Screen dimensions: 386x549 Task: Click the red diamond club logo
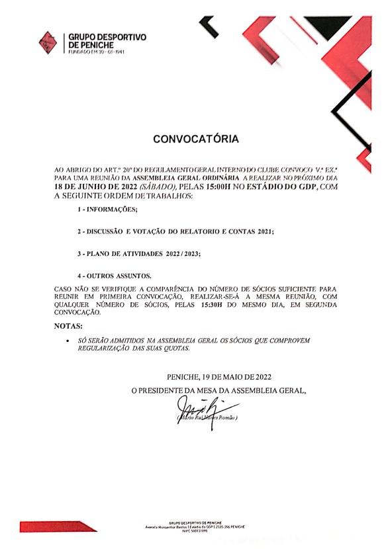[48, 42]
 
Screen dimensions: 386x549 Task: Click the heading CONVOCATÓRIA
[196, 140]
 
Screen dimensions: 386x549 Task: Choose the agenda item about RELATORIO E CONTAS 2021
[175, 232]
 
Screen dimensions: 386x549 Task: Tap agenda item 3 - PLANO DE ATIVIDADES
[138, 253]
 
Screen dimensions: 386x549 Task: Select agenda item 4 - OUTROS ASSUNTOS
[114, 275]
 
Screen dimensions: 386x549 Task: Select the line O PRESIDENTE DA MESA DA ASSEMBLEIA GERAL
[218, 391]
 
